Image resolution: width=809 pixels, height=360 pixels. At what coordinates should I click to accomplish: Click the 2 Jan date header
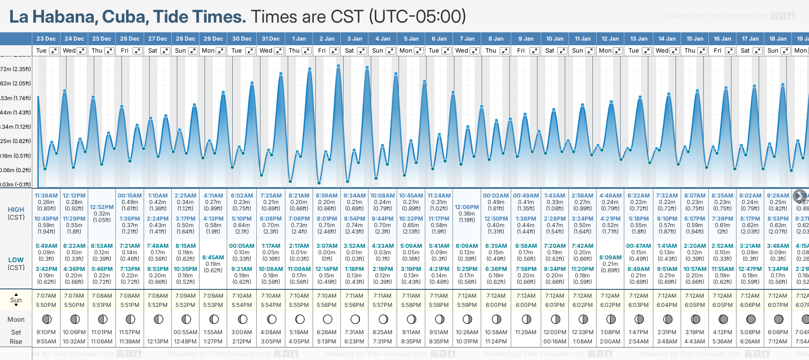pos(326,39)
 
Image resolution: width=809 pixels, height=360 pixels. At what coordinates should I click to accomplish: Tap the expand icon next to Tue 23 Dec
pos(54,51)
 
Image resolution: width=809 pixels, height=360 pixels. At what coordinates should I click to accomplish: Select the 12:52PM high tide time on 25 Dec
pos(102,207)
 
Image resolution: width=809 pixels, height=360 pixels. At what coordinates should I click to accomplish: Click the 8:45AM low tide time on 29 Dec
pos(213,258)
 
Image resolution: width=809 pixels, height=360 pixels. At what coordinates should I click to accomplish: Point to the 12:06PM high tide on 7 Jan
pos(467,207)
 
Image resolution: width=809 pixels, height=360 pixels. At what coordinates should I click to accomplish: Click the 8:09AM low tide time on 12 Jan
pos(610,258)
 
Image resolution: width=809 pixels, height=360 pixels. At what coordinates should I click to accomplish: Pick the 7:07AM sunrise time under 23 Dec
pos(46,296)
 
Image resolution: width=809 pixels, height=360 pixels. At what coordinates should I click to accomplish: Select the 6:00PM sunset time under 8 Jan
pos(496,305)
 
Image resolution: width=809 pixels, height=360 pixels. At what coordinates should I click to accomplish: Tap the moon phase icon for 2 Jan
pos(327,319)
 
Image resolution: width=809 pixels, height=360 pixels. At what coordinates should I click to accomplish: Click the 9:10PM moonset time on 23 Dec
pos(46,332)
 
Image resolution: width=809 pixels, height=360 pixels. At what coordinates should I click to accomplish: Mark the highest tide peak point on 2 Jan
pos(338,66)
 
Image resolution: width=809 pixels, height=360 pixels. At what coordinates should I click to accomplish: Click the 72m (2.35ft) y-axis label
pos(15,69)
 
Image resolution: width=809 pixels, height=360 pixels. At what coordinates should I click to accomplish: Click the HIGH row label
pos(16,210)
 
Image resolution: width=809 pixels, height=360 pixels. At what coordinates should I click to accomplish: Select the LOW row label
pos(16,260)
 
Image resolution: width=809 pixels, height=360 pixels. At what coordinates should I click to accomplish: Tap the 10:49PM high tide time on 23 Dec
pos(46,219)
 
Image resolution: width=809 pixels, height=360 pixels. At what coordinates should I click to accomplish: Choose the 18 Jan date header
pos(778,39)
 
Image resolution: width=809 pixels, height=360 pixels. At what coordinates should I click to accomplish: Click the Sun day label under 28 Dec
pos(180,51)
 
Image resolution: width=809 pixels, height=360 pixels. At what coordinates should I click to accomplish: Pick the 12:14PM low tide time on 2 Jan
pos(326,269)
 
